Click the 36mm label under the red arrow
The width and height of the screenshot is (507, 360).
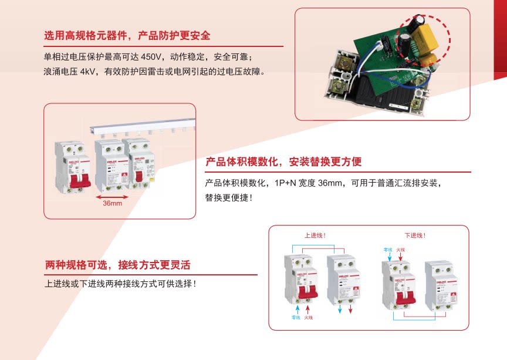(x=112, y=203)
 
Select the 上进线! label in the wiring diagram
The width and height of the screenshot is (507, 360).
(x=315, y=235)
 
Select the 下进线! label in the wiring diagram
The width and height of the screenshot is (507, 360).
(x=415, y=235)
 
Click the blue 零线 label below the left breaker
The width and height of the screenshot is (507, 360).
(x=295, y=318)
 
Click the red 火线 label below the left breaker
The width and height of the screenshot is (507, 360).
(x=309, y=318)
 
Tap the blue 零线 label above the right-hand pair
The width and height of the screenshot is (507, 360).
(x=387, y=250)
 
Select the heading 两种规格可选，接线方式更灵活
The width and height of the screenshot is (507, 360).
(x=118, y=265)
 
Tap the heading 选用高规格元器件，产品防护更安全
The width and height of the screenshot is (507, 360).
(x=127, y=36)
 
